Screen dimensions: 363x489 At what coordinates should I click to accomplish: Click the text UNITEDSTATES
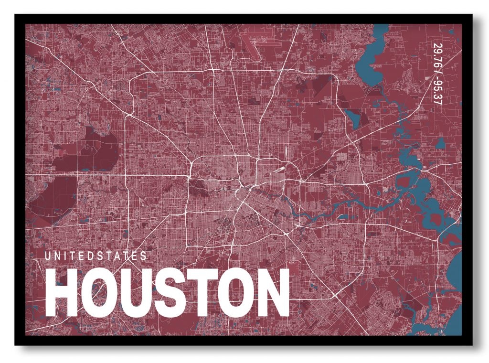coord(96,256)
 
